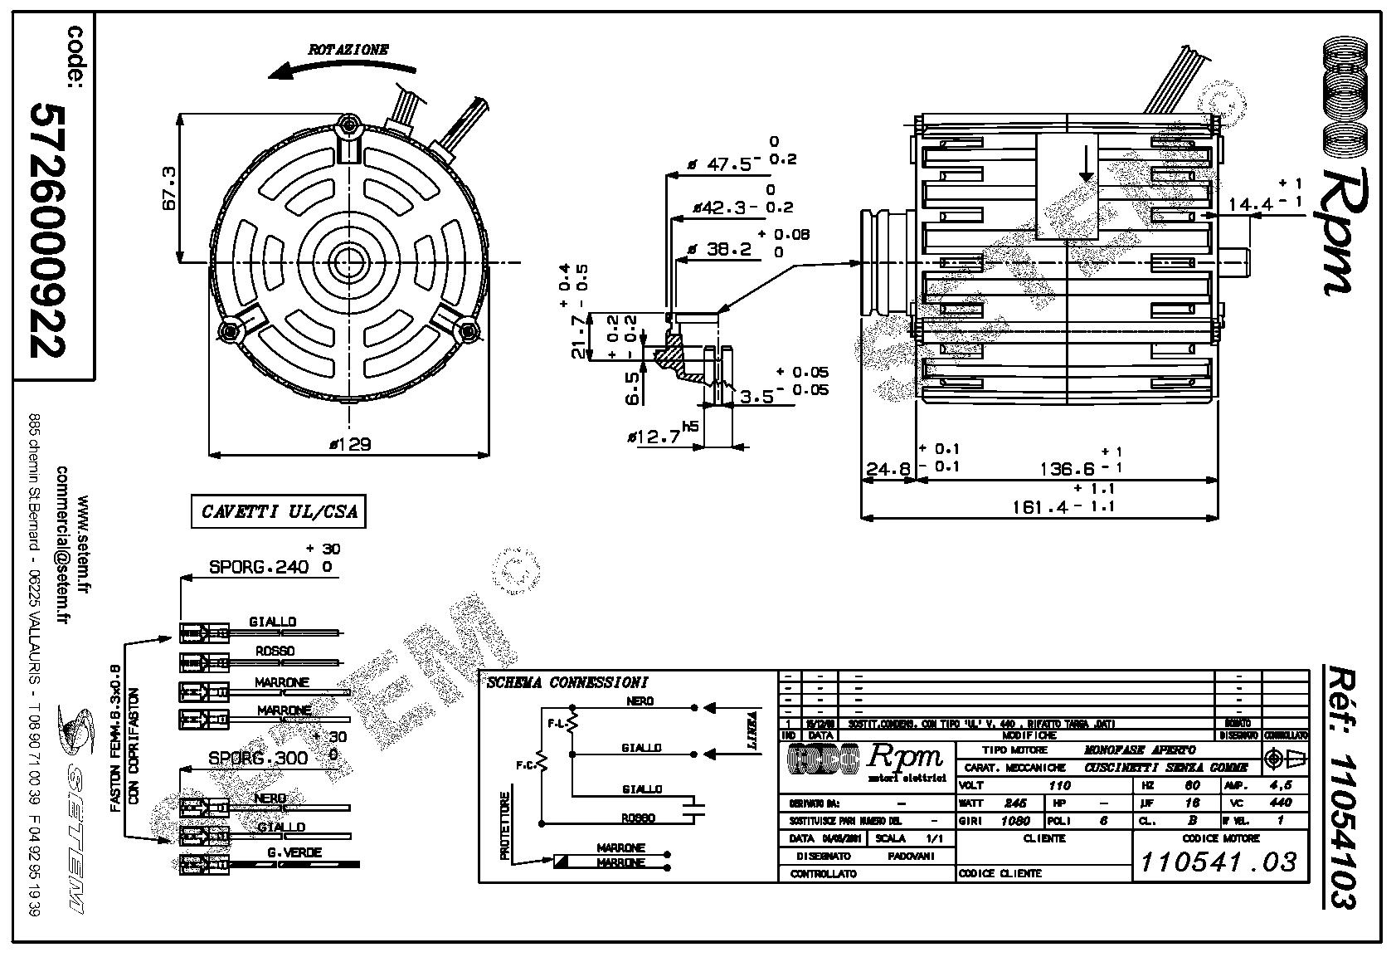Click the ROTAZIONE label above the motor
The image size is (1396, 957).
coord(348,49)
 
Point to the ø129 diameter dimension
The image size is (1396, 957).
coord(349,444)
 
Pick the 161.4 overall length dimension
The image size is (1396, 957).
coord(1040,505)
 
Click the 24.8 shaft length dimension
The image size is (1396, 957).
coord(887,471)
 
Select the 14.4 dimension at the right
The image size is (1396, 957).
coord(1249,203)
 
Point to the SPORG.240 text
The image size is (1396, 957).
coord(259,567)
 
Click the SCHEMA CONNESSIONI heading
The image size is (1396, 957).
coord(567,683)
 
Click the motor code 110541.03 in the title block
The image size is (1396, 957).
coord(1218,862)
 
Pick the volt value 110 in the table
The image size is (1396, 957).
coord(1059,785)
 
